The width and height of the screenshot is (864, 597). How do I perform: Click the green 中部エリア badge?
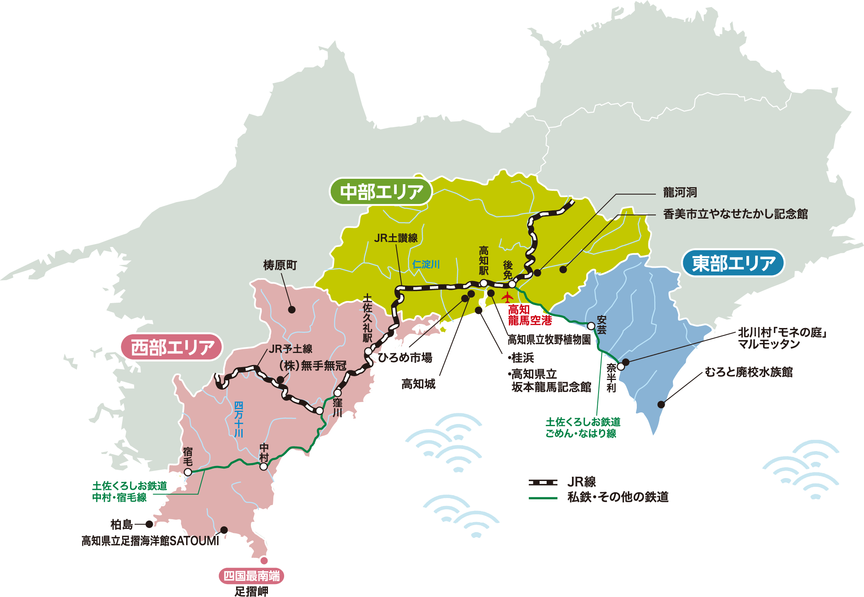point(381,192)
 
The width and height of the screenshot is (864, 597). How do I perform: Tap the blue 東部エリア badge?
point(733,263)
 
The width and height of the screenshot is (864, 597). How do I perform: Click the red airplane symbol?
point(507,298)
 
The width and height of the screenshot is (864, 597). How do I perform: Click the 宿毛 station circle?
point(188,472)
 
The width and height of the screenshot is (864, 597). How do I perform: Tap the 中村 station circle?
point(263,466)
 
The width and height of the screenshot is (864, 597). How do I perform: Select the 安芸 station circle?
point(591,326)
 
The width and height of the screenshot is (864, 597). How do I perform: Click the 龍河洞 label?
point(680,193)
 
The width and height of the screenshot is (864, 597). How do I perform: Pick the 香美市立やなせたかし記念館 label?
point(735,214)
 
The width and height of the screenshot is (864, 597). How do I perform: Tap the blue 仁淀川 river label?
point(426,264)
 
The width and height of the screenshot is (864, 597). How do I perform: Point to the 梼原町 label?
point(280,265)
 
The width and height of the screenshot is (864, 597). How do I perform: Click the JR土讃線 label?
point(395,238)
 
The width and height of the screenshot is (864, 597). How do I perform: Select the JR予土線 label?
point(290,349)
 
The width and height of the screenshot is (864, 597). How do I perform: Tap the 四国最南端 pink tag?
point(251,576)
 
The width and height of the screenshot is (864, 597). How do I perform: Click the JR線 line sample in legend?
point(543,482)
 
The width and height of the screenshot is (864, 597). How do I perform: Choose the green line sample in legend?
point(543,498)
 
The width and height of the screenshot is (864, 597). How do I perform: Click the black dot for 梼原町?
point(292,309)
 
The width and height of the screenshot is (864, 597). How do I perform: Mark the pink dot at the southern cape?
point(264,560)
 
